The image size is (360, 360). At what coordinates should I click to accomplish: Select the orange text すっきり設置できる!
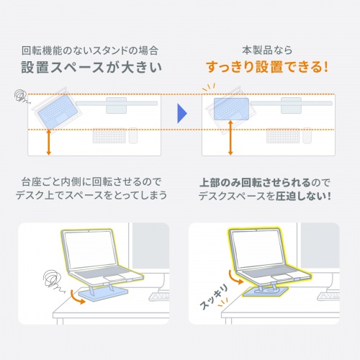(266, 69)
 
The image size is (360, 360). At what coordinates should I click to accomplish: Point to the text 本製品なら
(267, 51)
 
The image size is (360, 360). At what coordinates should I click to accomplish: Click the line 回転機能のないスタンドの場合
(89, 51)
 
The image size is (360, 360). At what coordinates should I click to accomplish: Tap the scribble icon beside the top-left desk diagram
(21, 95)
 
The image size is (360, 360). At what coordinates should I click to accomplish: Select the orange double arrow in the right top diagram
(230, 138)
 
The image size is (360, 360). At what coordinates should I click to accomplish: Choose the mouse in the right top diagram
(307, 135)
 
